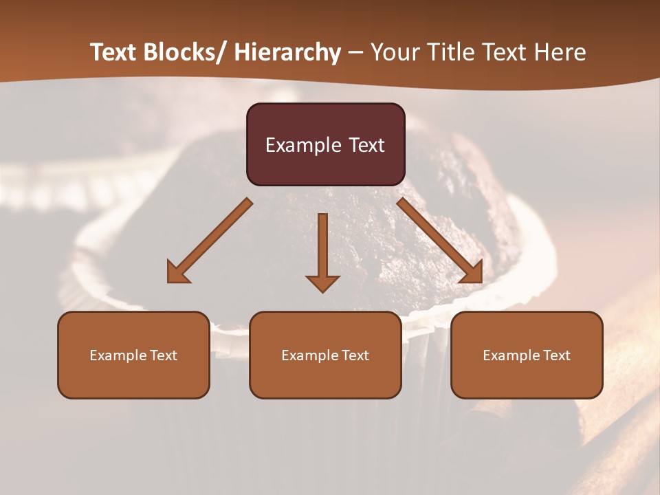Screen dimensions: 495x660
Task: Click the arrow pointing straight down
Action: tap(322, 251)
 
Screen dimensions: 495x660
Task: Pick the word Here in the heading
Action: tap(561, 52)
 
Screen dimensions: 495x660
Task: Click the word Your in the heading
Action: tap(393, 52)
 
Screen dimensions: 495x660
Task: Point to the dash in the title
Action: tap(355, 53)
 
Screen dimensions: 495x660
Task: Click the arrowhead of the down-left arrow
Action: tap(177, 272)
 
